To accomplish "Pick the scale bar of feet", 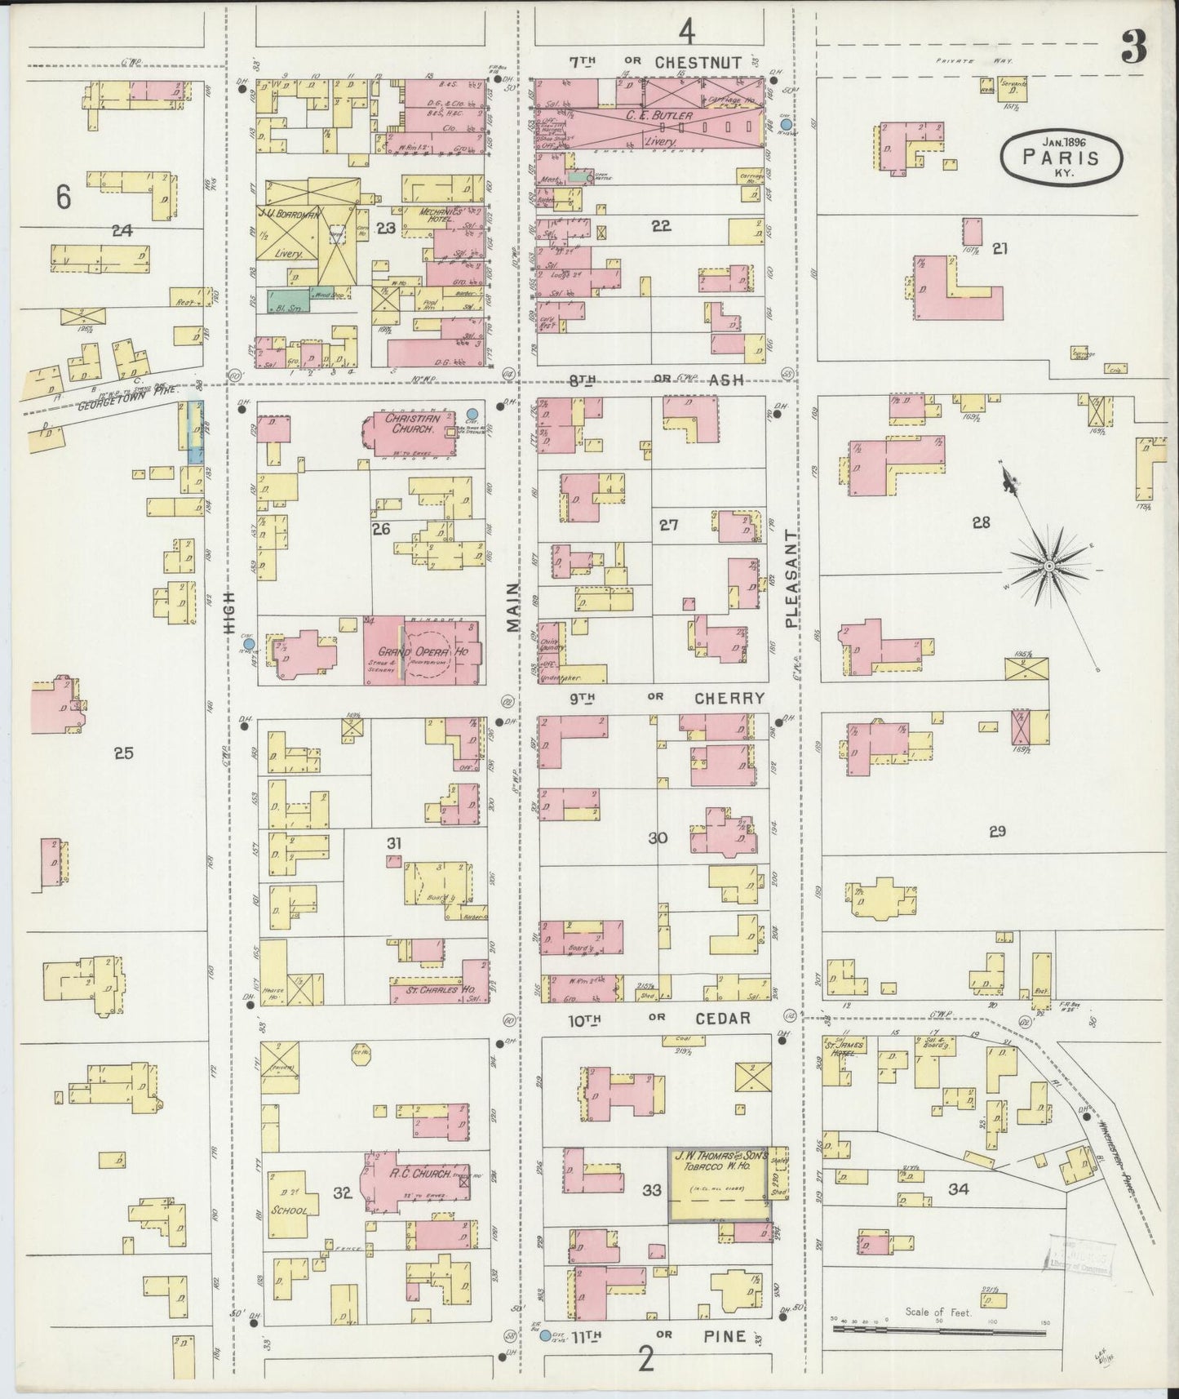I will point(938,1331).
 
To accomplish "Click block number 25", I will point(123,753).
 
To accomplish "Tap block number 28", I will point(980,522).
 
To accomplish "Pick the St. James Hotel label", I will point(840,1047).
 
